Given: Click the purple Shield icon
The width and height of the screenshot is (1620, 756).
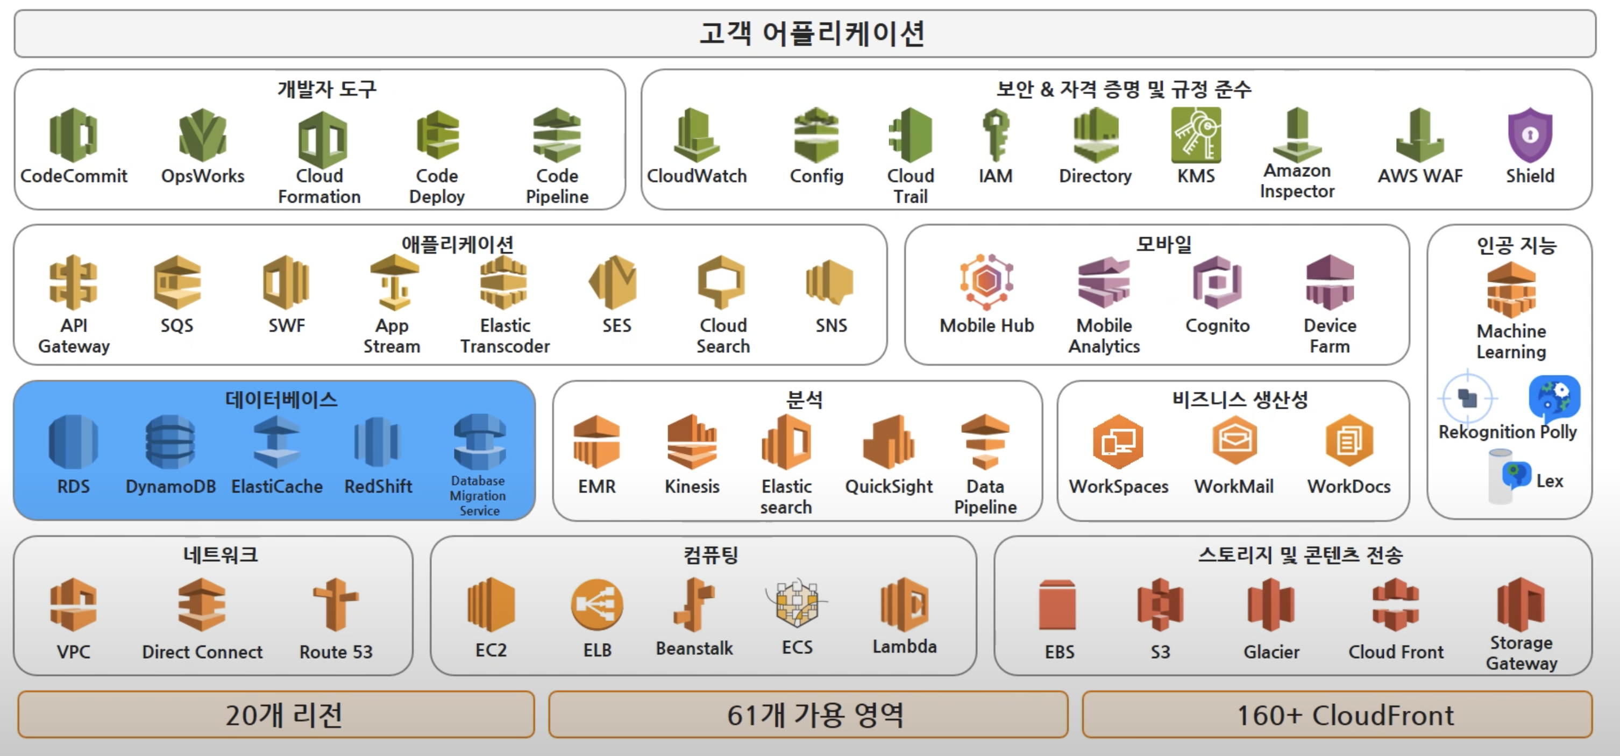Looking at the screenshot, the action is (1530, 135).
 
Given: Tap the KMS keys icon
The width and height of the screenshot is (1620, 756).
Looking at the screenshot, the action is (1196, 135).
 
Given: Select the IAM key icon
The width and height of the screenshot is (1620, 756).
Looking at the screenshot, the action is (996, 135).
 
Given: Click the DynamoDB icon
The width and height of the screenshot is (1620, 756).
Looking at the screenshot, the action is (170, 441).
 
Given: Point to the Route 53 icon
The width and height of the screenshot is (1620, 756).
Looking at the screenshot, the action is (336, 604).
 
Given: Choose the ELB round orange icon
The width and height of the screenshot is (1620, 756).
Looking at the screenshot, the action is (597, 604).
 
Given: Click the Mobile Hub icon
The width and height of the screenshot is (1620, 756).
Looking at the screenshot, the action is (986, 282).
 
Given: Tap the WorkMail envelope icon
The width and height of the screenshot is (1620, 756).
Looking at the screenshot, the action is (1234, 440).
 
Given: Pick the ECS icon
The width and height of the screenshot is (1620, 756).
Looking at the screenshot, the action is (797, 603).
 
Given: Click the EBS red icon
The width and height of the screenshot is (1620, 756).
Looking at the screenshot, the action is (1058, 604).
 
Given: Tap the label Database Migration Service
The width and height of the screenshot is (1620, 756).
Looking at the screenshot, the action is (478, 496).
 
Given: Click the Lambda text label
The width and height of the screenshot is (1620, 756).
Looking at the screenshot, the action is (904, 646).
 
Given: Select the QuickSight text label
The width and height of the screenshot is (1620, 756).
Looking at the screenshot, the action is (889, 486).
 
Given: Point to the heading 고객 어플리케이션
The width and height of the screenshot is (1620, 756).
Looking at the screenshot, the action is (811, 33).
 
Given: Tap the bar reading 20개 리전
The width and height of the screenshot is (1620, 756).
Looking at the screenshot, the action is (283, 715).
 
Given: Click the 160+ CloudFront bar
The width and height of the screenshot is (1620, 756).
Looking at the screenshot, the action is (1345, 715).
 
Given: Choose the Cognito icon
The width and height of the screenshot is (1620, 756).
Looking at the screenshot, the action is (1218, 282).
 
